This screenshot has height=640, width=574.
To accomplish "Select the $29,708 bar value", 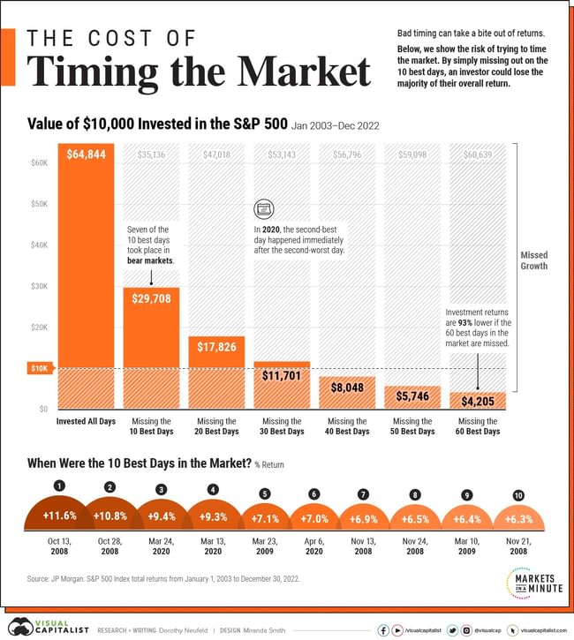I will tap(152, 298).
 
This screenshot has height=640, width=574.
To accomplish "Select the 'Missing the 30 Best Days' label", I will tap(283, 426).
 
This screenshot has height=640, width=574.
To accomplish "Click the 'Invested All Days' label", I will tap(87, 421).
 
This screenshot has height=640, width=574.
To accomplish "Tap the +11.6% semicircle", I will tap(60, 514).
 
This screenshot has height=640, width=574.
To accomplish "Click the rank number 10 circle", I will tap(517, 496).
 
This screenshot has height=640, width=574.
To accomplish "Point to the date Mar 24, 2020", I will tap(161, 548).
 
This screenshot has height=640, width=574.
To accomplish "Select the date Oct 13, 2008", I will tap(60, 548).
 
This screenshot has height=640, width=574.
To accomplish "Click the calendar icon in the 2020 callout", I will tap(263, 209).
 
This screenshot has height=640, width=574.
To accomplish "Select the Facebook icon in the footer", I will tap(383, 630).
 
